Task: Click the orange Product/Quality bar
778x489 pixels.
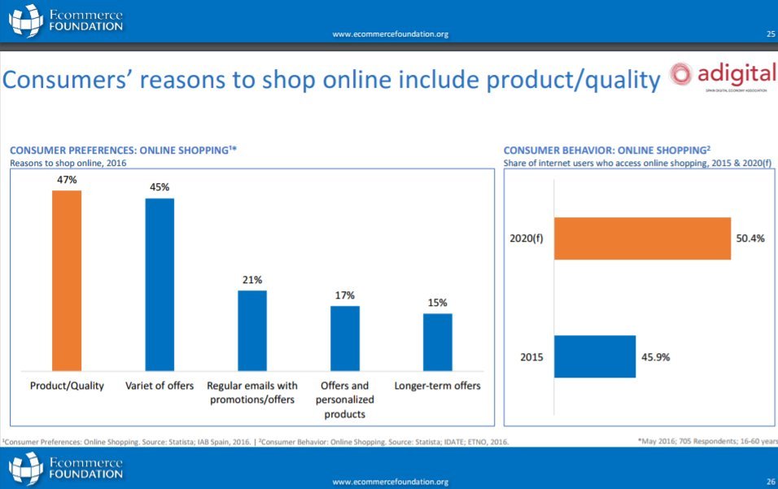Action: pyautogui.click(x=67, y=280)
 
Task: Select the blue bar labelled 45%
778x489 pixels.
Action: pyautogui.click(x=160, y=284)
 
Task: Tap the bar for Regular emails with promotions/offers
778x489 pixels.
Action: pyautogui.click(x=252, y=330)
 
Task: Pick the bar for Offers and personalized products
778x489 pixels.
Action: pyautogui.click(x=345, y=338)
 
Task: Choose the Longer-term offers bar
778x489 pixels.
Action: pyautogui.click(x=438, y=342)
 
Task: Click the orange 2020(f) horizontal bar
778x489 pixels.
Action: pyautogui.click(x=642, y=238)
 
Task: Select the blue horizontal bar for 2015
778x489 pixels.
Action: pyautogui.click(x=595, y=356)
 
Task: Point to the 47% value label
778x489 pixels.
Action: pyautogui.click(x=67, y=180)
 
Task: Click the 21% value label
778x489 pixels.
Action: pyautogui.click(x=252, y=280)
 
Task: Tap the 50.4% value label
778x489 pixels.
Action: pyautogui.click(x=751, y=238)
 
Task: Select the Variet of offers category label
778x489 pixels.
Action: pyautogui.click(x=160, y=386)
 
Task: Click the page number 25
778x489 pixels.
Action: pyautogui.click(x=770, y=34)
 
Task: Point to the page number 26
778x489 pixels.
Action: pyautogui.click(x=770, y=482)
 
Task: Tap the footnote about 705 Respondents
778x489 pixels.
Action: pyautogui.click(x=707, y=441)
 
